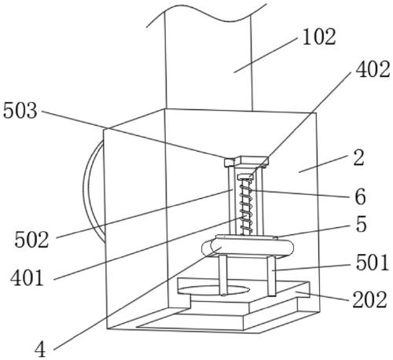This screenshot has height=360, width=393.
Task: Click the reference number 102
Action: (319, 38)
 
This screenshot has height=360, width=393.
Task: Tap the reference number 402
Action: (373, 70)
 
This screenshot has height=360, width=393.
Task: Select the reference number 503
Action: (20, 111)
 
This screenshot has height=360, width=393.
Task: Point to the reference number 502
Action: (31, 240)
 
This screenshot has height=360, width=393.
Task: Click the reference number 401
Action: (27, 278)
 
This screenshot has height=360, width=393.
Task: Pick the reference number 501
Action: (372, 263)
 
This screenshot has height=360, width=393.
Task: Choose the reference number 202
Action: (369, 299)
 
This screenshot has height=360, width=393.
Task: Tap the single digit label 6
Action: (360, 197)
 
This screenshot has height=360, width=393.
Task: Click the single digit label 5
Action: (361, 224)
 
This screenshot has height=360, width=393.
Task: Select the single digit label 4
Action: (40, 350)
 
